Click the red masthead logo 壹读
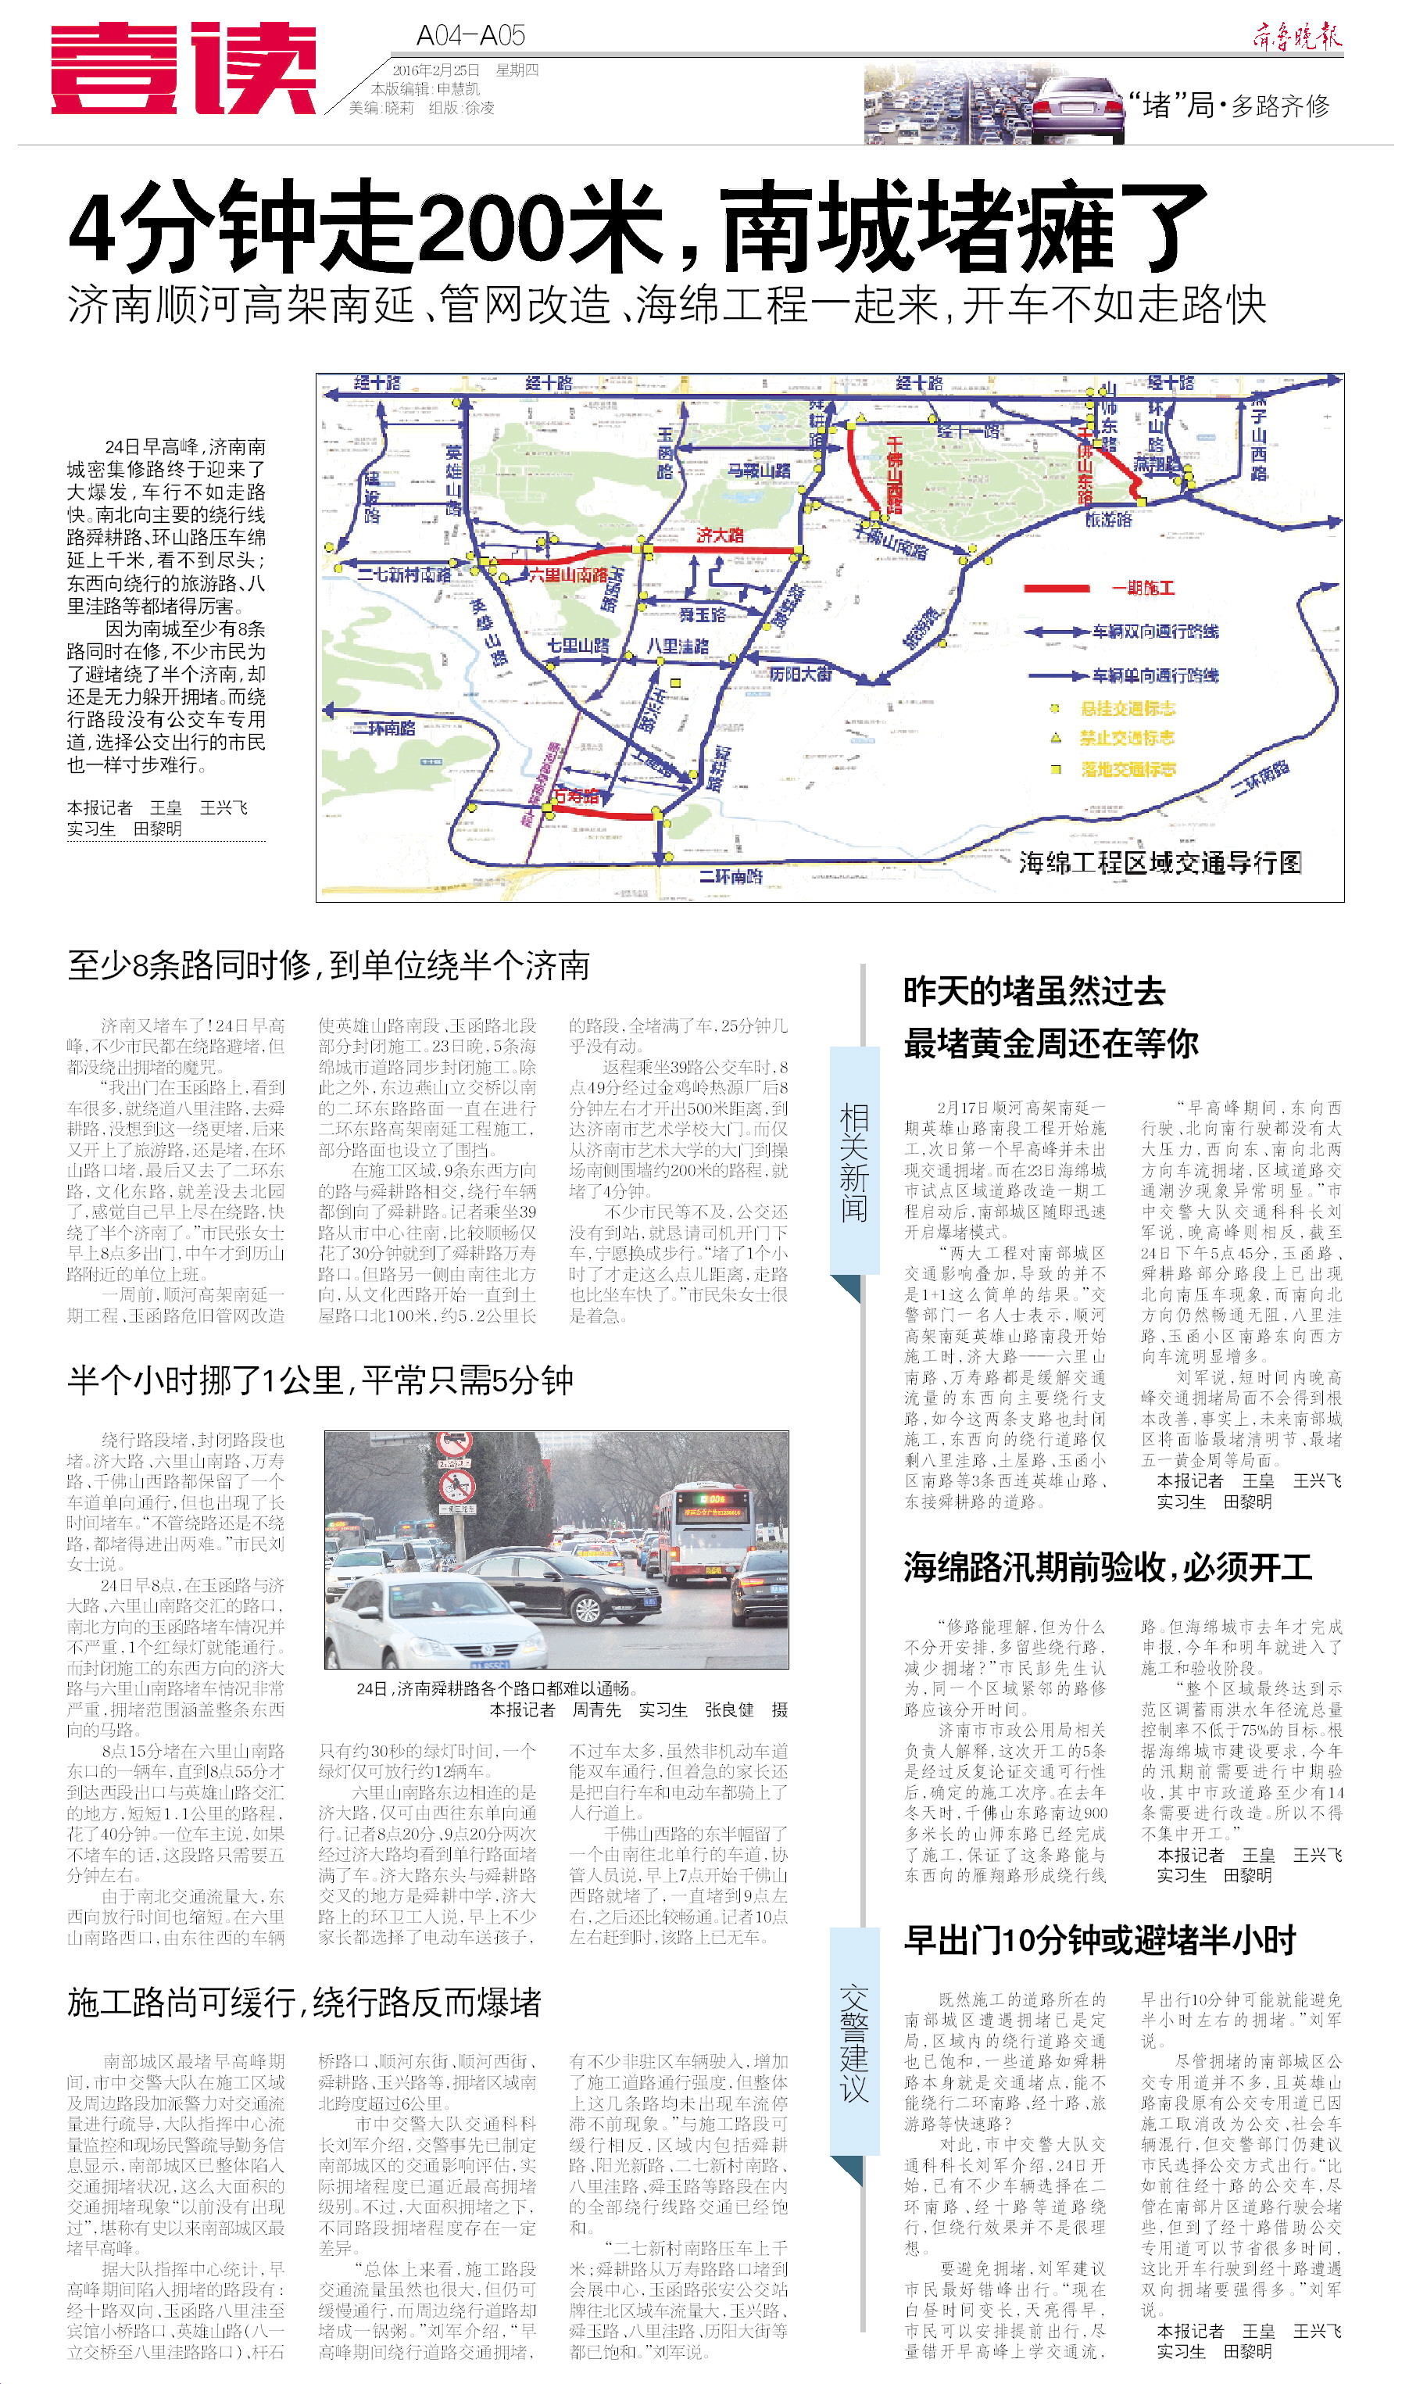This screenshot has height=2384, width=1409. click(x=183, y=68)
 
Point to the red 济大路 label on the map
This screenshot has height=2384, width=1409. click(x=720, y=535)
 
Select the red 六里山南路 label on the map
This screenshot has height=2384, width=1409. click(x=568, y=575)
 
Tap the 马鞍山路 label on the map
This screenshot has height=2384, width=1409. click(x=759, y=471)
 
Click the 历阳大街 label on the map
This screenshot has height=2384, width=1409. click(x=800, y=674)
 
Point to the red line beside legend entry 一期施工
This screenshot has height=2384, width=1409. click(x=1057, y=589)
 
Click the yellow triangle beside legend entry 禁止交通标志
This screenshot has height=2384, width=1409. click(x=1056, y=738)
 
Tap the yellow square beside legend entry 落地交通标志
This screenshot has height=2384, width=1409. click(x=1056, y=769)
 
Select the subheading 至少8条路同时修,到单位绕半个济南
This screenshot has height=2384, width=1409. click(x=328, y=965)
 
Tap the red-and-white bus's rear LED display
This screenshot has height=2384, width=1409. click(x=713, y=1499)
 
